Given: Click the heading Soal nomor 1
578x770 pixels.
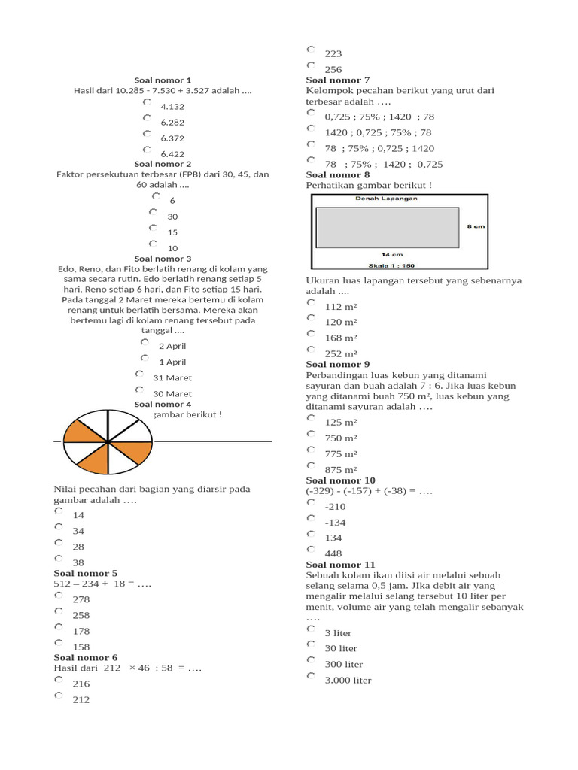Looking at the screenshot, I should click(x=163, y=80).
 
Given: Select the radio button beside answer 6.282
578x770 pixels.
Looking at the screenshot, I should click(x=147, y=118).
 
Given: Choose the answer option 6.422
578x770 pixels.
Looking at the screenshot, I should click(x=172, y=154).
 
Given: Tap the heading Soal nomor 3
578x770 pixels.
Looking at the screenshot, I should click(x=163, y=259).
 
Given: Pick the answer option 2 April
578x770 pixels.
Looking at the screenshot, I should click(x=172, y=347).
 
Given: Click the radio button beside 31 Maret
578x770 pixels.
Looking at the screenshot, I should click(x=139, y=374).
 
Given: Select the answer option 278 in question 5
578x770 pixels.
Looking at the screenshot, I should click(x=81, y=599).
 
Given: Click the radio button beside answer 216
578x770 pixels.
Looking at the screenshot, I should click(x=59, y=679).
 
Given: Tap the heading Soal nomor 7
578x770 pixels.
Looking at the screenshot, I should click(x=337, y=80).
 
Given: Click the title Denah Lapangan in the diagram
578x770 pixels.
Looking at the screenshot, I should click(x=387, y=199).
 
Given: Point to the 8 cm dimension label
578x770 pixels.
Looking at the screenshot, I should click(x=476, y=226).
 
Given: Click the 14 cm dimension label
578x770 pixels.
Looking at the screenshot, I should click(x=390, y=254).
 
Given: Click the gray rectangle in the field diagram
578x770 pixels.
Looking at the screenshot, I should click(x=387, y=226).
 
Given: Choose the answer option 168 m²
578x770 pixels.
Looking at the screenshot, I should click(x=340, y=338).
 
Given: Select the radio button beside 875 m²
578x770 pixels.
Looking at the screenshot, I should click(x=311, y=465).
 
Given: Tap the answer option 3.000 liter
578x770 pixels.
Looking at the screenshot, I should click(x=348, y=681).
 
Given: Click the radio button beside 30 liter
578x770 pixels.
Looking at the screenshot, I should click(x=311, y=644).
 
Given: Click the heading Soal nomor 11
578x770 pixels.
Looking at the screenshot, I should click(x=340, y=565).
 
